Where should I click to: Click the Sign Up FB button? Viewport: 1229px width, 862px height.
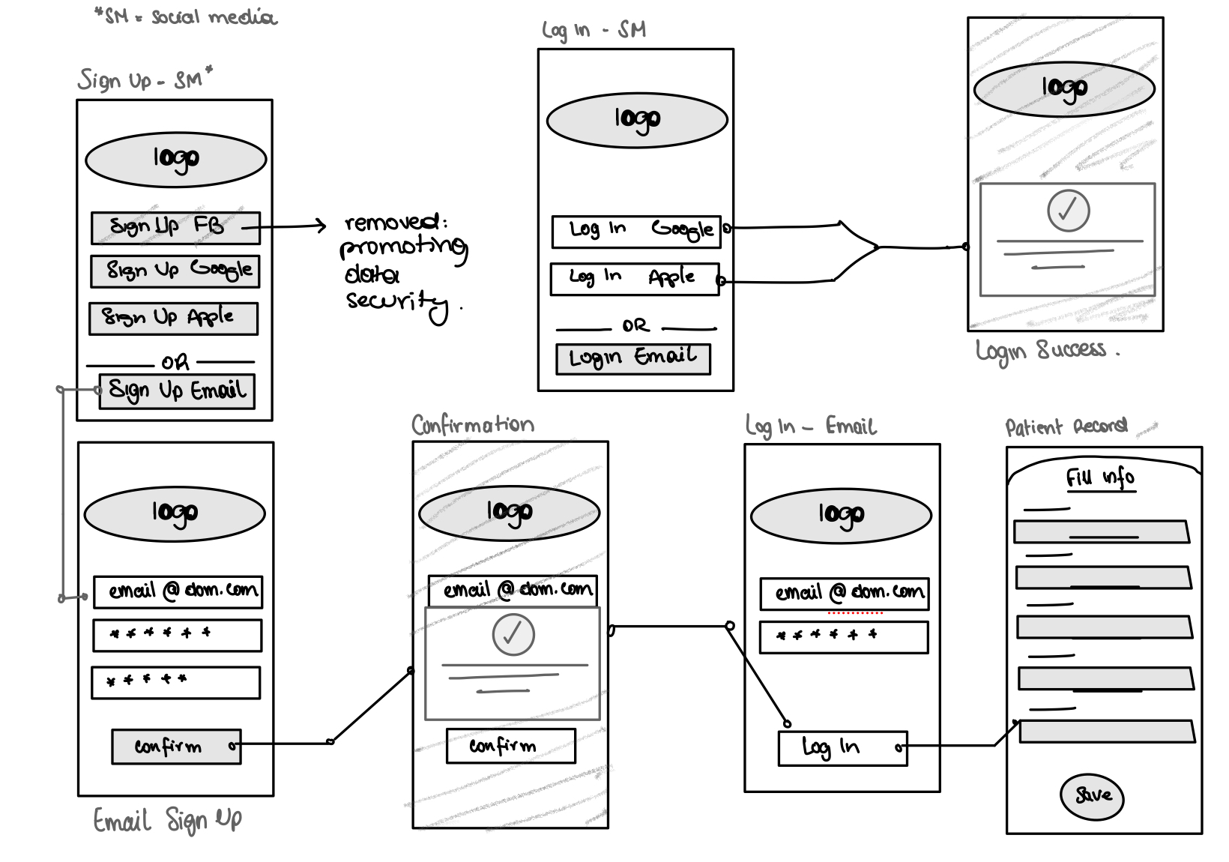175,228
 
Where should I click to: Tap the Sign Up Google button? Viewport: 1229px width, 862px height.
175,271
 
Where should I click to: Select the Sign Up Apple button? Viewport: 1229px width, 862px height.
173,319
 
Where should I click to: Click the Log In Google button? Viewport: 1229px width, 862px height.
635,232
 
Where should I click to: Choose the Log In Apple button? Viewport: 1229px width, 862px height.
634,279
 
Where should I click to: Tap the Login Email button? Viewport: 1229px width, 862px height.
632,358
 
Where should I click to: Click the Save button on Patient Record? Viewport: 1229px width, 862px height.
1092,795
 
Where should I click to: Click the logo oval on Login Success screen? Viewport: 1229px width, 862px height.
1064,88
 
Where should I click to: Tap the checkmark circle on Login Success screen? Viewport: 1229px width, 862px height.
1068,210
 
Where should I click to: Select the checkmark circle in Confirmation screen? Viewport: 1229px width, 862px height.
513,635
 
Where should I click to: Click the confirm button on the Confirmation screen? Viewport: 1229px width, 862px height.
510,746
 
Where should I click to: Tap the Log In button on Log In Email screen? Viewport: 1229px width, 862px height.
842,748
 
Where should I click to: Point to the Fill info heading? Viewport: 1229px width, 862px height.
1100,478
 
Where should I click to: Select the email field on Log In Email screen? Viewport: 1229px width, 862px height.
844,594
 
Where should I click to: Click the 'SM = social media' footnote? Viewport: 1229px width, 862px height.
186,16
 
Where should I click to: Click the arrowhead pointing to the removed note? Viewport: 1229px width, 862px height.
322,225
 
